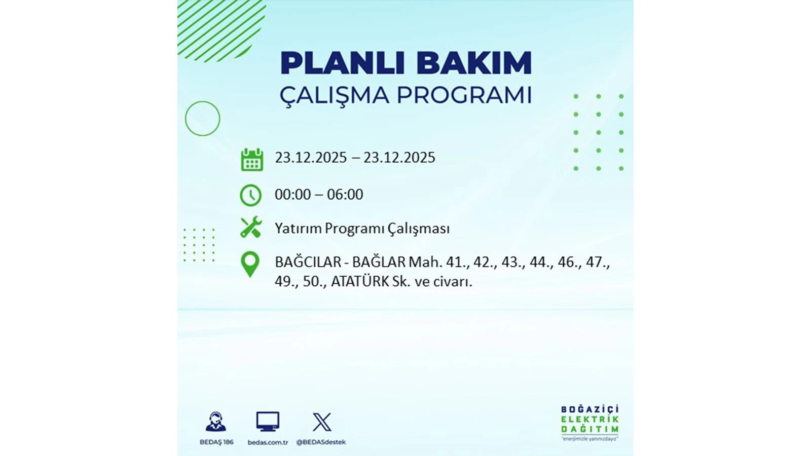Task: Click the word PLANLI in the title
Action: (342, 63)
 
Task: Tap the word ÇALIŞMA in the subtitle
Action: (334, 95)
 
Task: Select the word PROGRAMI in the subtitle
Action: (464, 95)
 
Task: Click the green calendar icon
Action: (252, 160)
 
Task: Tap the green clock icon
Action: (250, 196)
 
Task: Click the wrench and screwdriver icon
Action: (251, 227)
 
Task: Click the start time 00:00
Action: (292, 195)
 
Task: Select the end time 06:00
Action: (345, 195)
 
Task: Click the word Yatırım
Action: (298, 229)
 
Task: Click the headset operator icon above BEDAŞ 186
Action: (216, 422)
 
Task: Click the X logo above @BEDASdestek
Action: (322, 422)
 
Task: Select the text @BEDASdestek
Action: (321, 442)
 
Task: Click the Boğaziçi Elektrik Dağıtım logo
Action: (589, 422)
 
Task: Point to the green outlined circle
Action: (203, 119)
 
